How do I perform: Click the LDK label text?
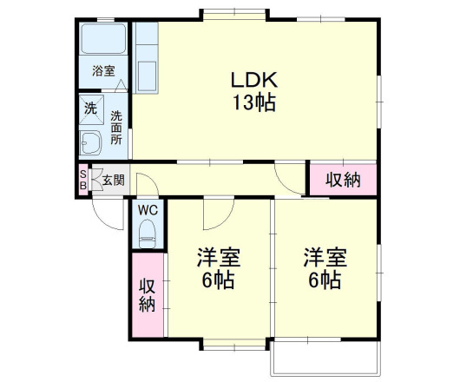click(253, 79)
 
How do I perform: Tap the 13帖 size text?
click(253, 102)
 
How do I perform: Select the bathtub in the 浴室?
click(104, 41)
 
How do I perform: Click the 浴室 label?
click(104, 71)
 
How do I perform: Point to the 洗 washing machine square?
click(90, 109)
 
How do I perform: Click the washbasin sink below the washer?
click(92, 142)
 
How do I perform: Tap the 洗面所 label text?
click(116, 129)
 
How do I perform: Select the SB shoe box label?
click(83, 179)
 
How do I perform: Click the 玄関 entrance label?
click(113, 181)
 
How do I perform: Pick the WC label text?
click(147, 209)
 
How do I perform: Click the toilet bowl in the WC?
click(147, 232)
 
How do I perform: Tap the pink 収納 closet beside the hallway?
click(343, 180)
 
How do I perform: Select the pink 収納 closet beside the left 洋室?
click(147, 294)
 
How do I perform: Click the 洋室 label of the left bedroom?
click(218, 258)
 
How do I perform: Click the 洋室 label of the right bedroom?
click(325, 258)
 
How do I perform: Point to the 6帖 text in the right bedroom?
click(325, 280)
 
